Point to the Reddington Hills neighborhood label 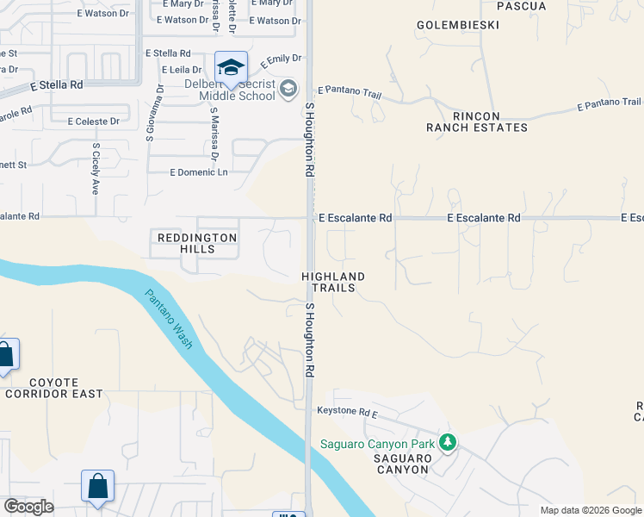tap(195, 243)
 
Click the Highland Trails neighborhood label tap(333, 282)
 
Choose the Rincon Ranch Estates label tap(476, 121)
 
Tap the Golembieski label tap(457, 25)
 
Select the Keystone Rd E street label tap(347, 411)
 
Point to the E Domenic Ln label tap(199, 172)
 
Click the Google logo tap(28, 507)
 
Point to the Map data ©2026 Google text tap(591, 510)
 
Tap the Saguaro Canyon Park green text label tap(377, 445)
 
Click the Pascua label tap(522, 6)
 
